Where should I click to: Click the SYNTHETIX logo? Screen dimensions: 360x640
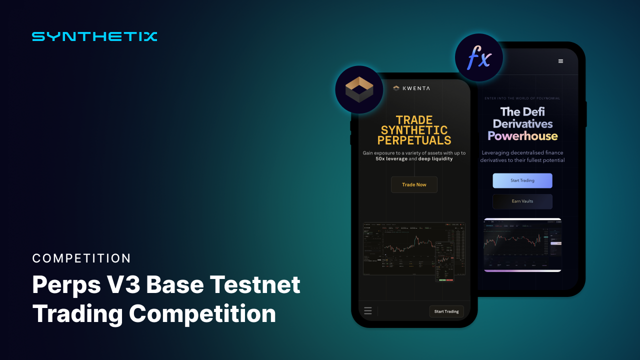coord(94,36)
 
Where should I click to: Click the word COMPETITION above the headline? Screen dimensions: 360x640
coord(81,258)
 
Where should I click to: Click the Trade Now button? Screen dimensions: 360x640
coord(414,185)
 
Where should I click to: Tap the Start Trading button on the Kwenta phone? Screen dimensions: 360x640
coord(446,311)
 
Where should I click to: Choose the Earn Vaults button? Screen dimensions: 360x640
coord(522,201)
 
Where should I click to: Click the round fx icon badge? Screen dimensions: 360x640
coord(478,58)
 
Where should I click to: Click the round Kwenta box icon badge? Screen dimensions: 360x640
coord(359,89)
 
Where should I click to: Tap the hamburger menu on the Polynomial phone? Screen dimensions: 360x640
coord(560,61)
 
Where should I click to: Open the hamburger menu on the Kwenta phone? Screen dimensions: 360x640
coord(368,311)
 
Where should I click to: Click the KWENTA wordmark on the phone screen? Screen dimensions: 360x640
coord(415,88)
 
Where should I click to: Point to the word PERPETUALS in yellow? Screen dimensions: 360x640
coord(414,141)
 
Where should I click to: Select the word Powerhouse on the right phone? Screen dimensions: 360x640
coord(522,136)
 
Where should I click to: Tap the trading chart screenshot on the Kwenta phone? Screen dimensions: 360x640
coord(414,248)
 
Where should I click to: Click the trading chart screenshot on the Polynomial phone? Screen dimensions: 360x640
coord(522,245)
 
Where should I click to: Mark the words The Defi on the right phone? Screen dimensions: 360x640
coord(522,111)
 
